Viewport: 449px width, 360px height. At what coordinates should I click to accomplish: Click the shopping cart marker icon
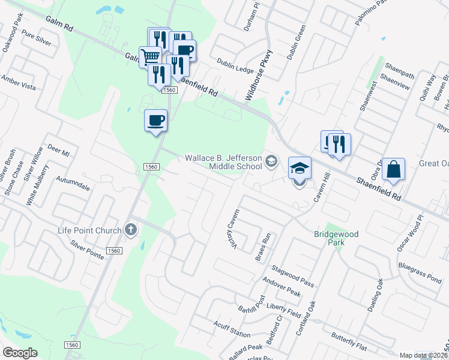pyautogui.click(x=150, y=58)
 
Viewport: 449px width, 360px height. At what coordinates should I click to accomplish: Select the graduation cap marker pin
pyautogui.click(x=300, y=168)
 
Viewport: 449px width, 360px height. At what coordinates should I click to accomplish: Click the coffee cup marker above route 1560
pyautogui.click(x=155, y=120)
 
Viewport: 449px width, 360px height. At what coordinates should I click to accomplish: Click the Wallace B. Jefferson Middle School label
pyautogui.click(x=223, y=162)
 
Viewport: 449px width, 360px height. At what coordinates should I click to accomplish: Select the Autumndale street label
pyautogui.click(x=73, y=184)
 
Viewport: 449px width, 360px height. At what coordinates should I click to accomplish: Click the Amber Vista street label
pyautogui.click(x=19, y=82)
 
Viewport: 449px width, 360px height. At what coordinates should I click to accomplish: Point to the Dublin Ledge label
pyautogui.click(x=235, y=69)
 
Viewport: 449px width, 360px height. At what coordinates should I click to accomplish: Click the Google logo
pyautogui.click(x=19, y=353)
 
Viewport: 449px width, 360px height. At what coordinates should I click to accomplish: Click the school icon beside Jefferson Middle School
pyautogui.click(x=272, y=160)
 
